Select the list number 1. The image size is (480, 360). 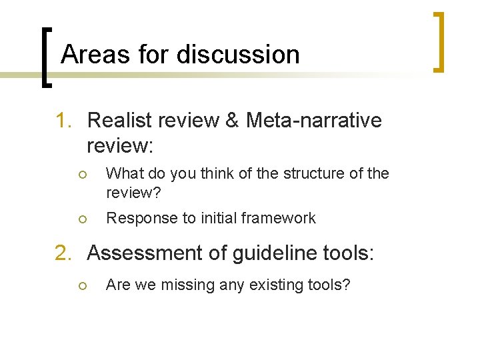click(x=63, y=121)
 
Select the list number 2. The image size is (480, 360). click(x=63, y=253)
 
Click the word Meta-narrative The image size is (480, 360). click(x=313, y=121)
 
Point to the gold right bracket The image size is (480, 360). click(x=437, y=41)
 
